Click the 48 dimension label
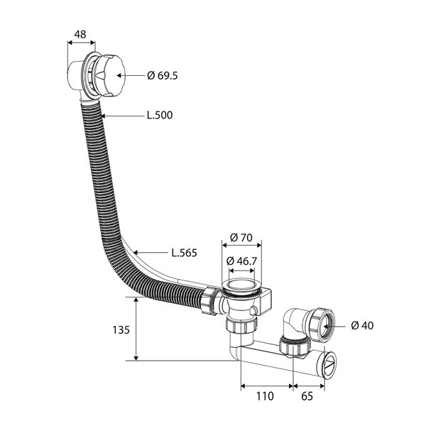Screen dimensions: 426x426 pos(80,35)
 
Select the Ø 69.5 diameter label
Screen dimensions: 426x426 pos(162,75)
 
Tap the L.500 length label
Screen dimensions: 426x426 pos(160,115)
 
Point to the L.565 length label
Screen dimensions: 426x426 pos(184,253)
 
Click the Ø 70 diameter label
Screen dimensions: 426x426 pos(241,238)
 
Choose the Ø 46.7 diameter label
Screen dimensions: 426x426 pos(241,261)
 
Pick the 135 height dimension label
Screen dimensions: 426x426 pos(121,330)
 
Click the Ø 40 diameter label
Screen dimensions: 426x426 pos(362,325)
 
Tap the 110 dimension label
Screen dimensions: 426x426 pos(265,396)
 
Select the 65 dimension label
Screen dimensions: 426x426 pos(307,396)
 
